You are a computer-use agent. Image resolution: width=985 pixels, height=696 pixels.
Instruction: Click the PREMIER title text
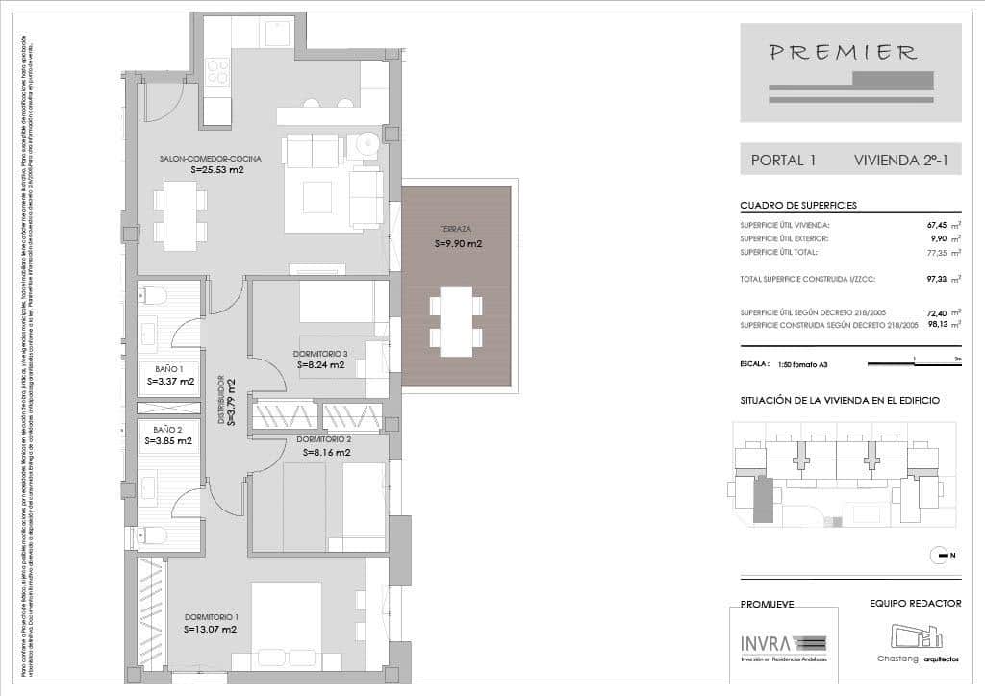(843, 53)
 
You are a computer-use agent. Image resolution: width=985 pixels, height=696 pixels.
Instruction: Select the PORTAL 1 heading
(783, 161)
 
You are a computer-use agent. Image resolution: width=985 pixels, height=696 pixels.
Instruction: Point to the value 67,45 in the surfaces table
(937, 226)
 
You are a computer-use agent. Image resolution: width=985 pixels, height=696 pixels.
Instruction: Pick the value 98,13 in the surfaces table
(937, 325)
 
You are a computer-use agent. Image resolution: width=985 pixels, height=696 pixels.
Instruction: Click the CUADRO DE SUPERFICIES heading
(798, 206)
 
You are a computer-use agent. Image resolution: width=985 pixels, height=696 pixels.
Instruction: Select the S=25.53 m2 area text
(217, 170)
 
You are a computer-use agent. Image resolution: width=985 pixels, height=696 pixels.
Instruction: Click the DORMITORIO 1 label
(210, 616)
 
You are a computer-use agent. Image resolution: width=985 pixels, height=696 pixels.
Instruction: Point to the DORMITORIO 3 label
(320, 354)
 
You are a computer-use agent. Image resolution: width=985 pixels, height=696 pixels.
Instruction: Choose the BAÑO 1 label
(169, 368)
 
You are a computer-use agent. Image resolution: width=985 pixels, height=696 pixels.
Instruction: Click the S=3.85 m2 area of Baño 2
(169, 441)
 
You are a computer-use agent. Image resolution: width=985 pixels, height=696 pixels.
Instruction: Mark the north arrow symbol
(939, 555)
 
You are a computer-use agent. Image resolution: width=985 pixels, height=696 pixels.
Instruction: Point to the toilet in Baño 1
(154, 294)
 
